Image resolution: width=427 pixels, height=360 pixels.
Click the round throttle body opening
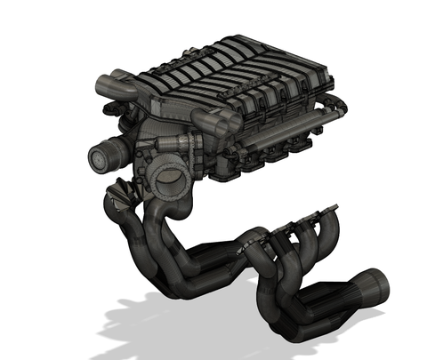point(165,177)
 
